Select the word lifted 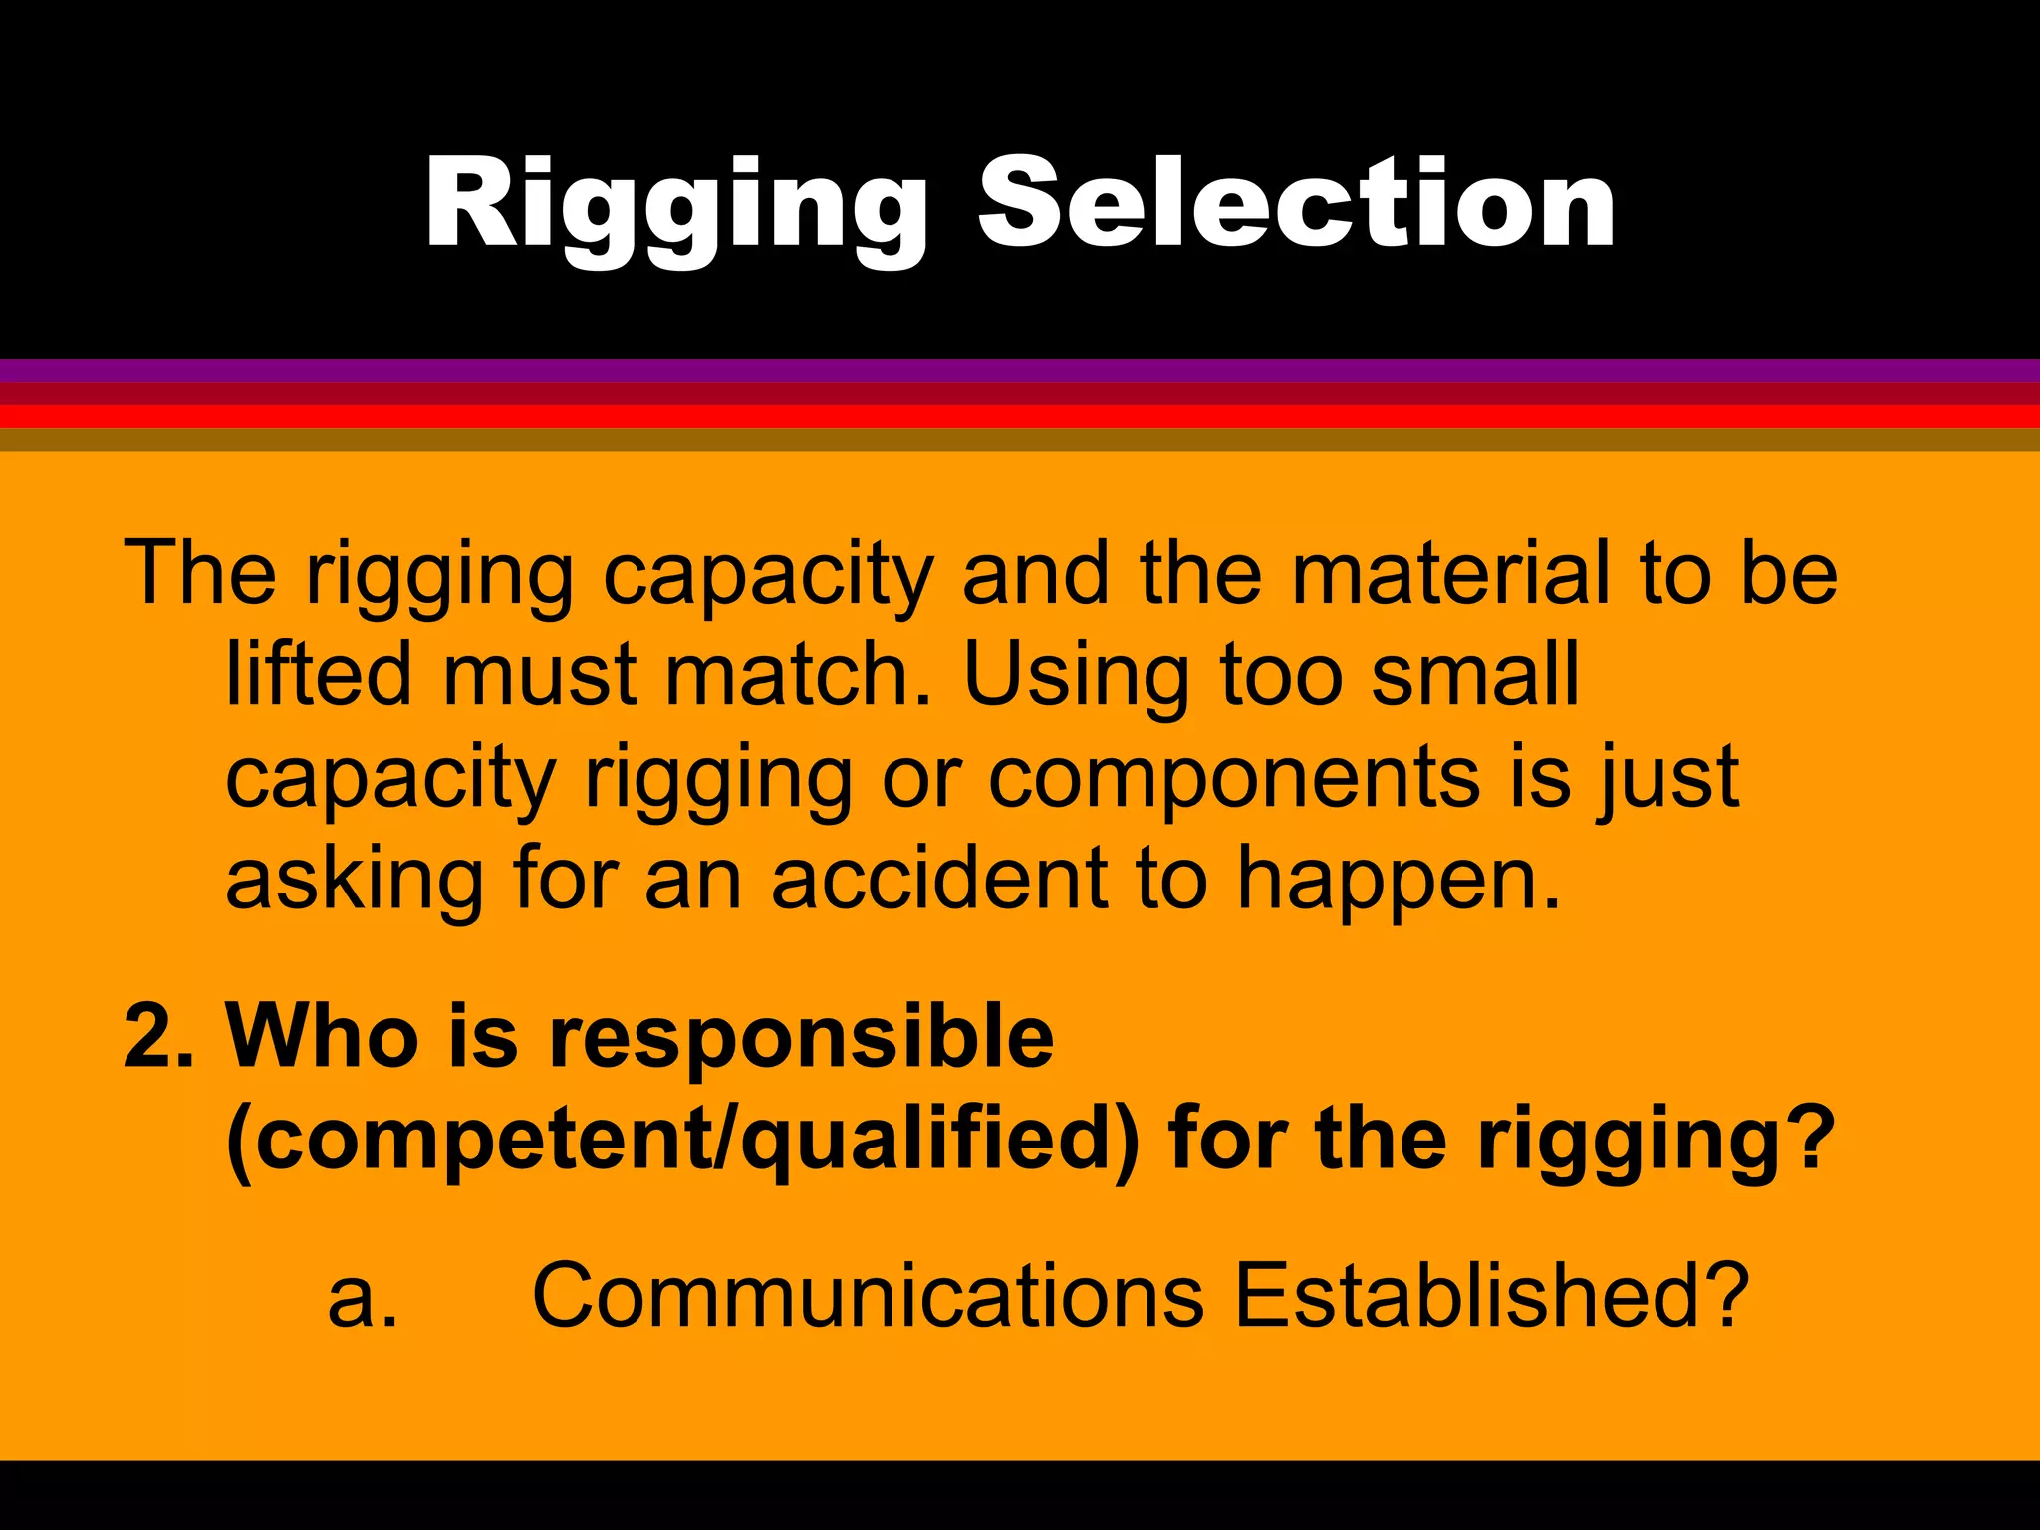point(319,674)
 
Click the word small point(1474,674)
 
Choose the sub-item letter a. point(362,1298)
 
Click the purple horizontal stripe point(1020,370)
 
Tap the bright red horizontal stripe point(1020,416)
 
